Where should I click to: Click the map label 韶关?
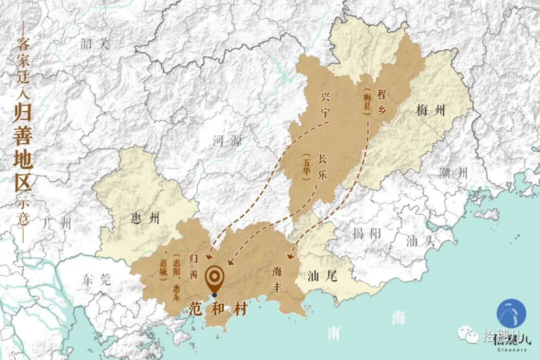94,44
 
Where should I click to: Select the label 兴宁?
325,104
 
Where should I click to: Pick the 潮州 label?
453,173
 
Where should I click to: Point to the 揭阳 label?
366,232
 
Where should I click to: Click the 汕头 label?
418,241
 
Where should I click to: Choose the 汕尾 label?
322,275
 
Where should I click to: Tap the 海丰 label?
278,279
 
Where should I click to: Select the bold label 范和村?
218,308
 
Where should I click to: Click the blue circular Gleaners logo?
511,313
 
